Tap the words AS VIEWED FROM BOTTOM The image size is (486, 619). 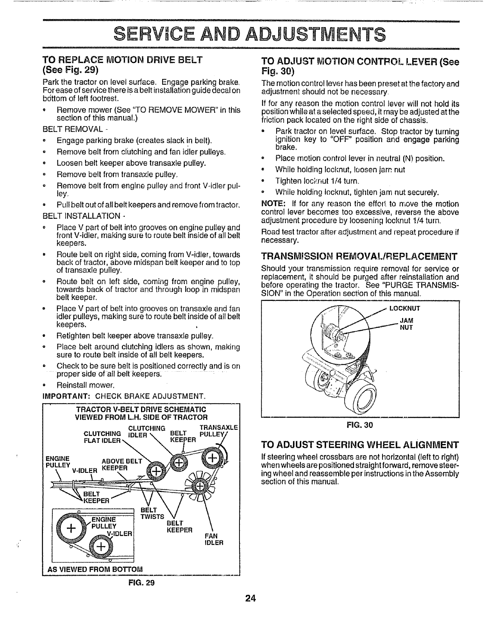point(89,568)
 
